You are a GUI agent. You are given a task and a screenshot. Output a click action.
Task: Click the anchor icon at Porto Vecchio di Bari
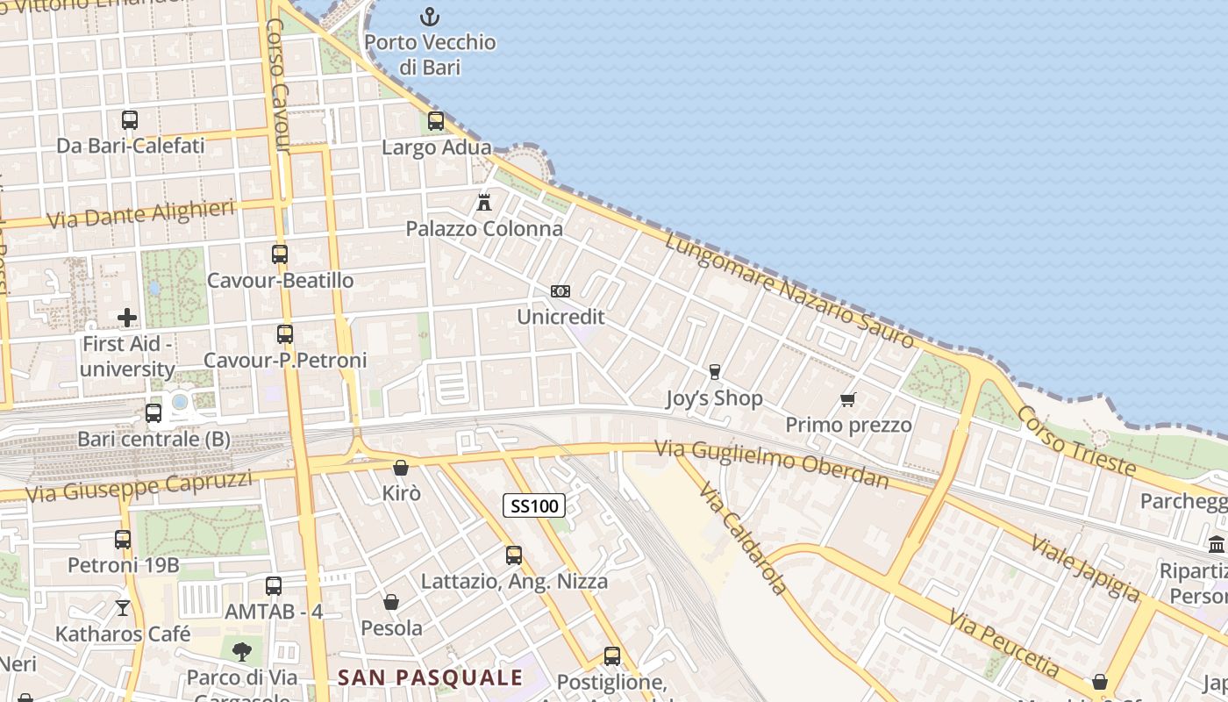(430, 16)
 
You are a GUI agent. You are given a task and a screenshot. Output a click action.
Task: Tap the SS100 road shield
(534, 505)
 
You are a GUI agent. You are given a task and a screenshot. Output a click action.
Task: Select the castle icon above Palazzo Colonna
(483, 203)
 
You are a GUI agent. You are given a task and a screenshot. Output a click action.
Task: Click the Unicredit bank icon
(560, 291)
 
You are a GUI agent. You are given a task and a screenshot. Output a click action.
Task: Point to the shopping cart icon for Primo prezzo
(847, 400)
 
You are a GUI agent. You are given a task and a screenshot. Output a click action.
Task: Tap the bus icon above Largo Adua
(436, 121)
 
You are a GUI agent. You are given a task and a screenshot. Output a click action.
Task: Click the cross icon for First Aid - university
(127, 318)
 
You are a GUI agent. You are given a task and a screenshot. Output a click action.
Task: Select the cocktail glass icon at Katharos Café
(123, 607)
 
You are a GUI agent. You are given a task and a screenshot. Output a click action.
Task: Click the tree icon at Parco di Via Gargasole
(241, 651)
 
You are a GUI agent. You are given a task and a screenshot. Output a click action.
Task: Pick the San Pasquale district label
(430, 677)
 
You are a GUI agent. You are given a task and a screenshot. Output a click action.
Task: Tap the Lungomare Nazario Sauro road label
(789, 290)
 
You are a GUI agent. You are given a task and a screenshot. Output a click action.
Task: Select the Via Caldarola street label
(742, 537)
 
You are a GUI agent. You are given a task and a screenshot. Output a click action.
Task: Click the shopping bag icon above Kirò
(401, 468)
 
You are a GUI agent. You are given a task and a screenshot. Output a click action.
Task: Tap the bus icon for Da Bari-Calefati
(130, 120)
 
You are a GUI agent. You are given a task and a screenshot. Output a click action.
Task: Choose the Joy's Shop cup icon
(714, 372)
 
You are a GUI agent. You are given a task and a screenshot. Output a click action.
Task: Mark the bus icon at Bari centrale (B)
(153, 412)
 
